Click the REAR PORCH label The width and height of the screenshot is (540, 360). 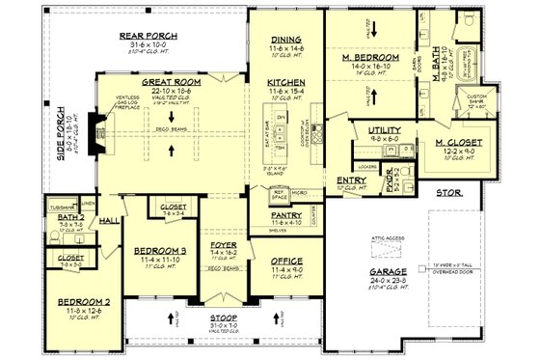point(145,37)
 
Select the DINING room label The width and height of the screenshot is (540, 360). point(287,40)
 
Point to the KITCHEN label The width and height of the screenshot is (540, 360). point(287,82)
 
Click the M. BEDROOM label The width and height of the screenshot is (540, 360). point(370,58)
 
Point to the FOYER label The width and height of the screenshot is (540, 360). point(224,248)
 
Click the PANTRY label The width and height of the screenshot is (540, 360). point(287,215)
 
